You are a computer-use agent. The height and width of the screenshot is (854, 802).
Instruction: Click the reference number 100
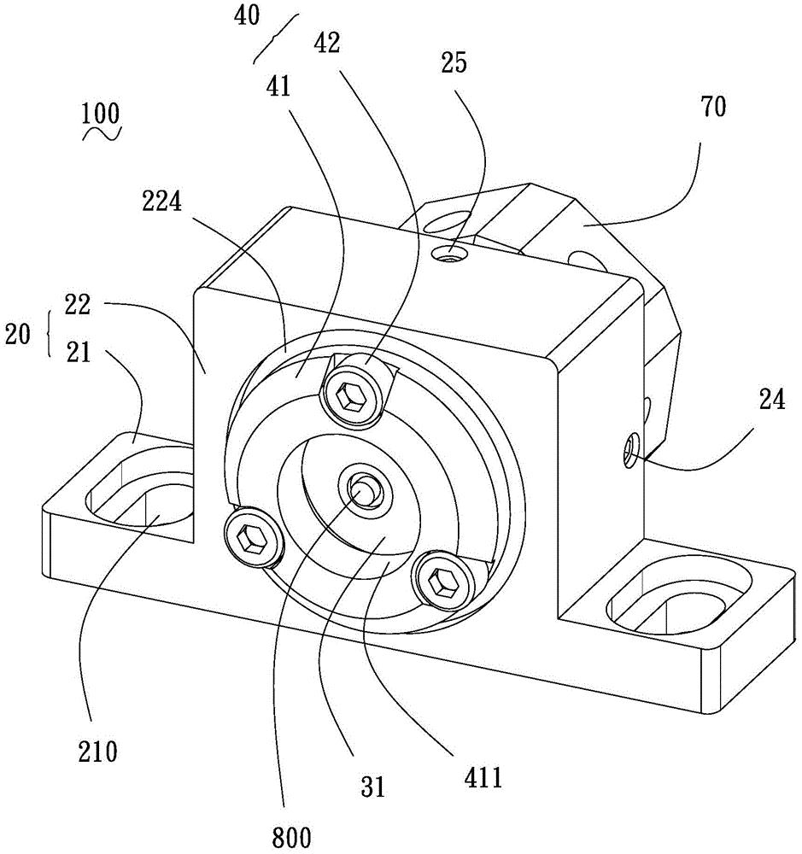(100, 114)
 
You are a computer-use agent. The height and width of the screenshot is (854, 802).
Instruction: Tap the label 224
(161, 202)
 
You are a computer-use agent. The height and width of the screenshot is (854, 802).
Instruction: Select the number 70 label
(713, 107)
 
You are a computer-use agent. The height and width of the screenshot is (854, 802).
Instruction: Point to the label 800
(291, 837)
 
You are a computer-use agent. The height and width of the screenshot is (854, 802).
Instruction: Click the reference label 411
(483, 777)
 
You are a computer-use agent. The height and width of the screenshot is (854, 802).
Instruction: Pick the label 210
(97, 752)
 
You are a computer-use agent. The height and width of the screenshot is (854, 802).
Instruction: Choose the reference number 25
(454, 62)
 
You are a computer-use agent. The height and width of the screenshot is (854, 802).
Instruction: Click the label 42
(327, 43)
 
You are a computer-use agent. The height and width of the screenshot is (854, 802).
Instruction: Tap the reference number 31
(373, 787)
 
